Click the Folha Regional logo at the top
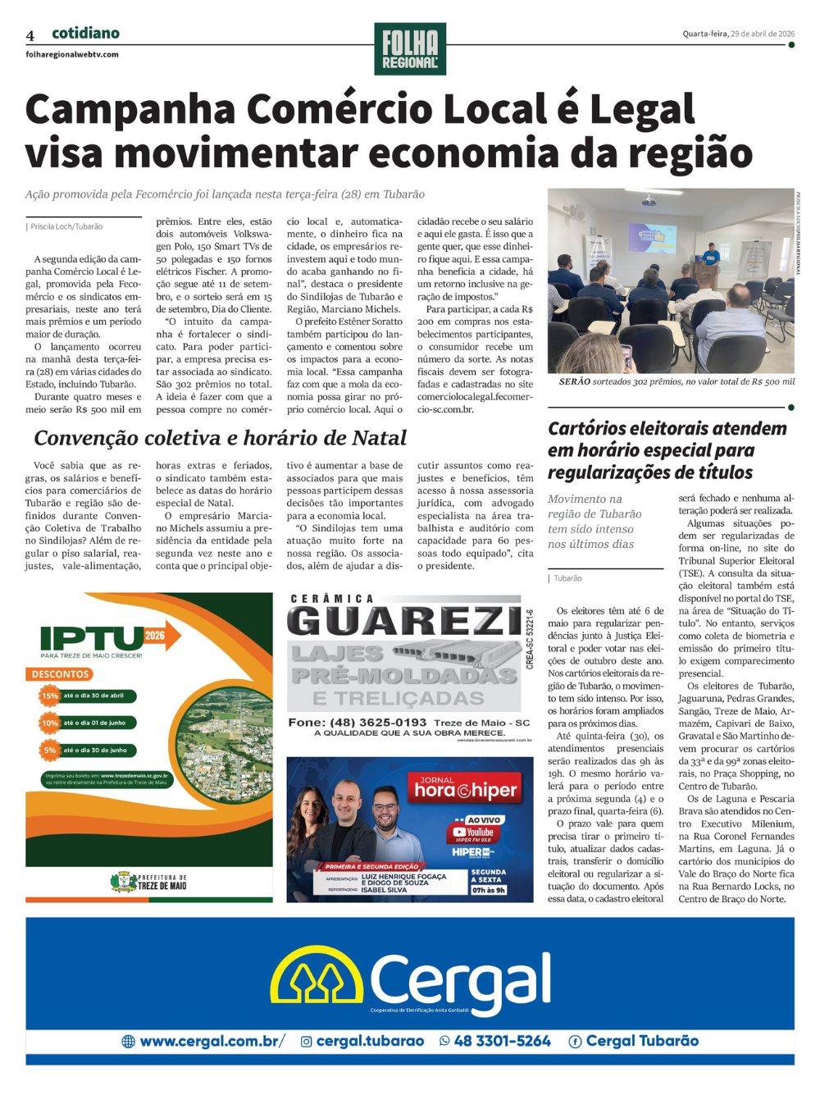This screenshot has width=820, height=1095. (410, 49)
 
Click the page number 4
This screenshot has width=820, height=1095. (30, 35)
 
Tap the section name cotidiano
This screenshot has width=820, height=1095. (85, 33)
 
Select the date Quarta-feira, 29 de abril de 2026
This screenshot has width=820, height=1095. (738, 34)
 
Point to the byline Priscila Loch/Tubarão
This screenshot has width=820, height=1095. (66, 226)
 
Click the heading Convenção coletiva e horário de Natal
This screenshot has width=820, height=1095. (220, 438)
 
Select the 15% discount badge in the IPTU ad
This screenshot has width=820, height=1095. (50, 696)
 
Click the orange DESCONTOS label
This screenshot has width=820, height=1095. (60, 674)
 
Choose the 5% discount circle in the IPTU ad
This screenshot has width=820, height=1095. (50, 750)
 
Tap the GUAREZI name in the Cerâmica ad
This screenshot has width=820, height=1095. (404, 621)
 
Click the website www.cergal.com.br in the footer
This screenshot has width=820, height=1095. (210, 1041)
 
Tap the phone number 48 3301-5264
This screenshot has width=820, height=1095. (502, 1041)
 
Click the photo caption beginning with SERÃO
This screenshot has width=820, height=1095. (676, 381)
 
